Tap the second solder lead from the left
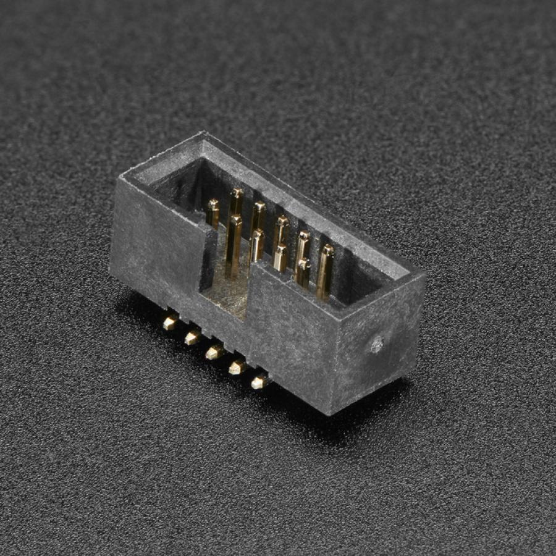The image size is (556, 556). click(x=192, y=337)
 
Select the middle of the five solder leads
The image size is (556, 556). click(x=214, y=352)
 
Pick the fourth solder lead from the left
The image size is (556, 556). click(x=237, y=368)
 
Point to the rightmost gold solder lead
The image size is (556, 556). click(x=259, y=382)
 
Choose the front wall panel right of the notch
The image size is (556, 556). click(x=290, y=334)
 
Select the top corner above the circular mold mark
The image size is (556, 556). click(x=423, y=275)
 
